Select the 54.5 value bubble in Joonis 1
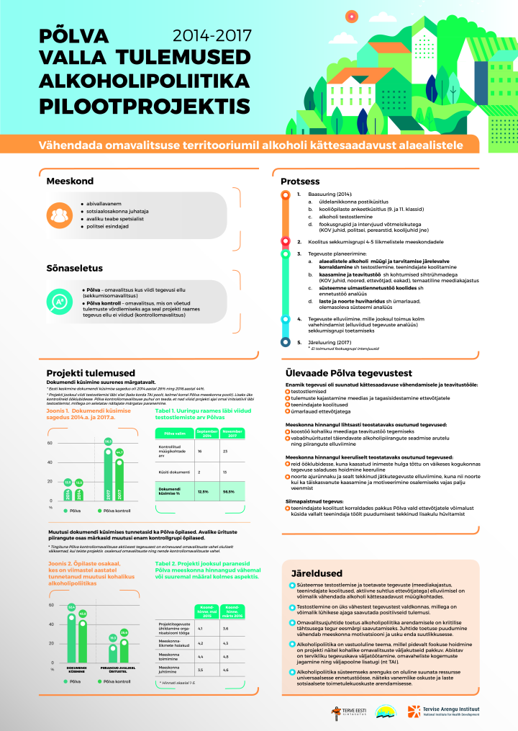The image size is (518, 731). [108, 441]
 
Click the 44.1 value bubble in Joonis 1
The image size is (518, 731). [119, 452]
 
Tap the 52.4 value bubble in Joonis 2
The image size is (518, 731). [71, 607]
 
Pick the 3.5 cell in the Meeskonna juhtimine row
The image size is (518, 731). [200, 670]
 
